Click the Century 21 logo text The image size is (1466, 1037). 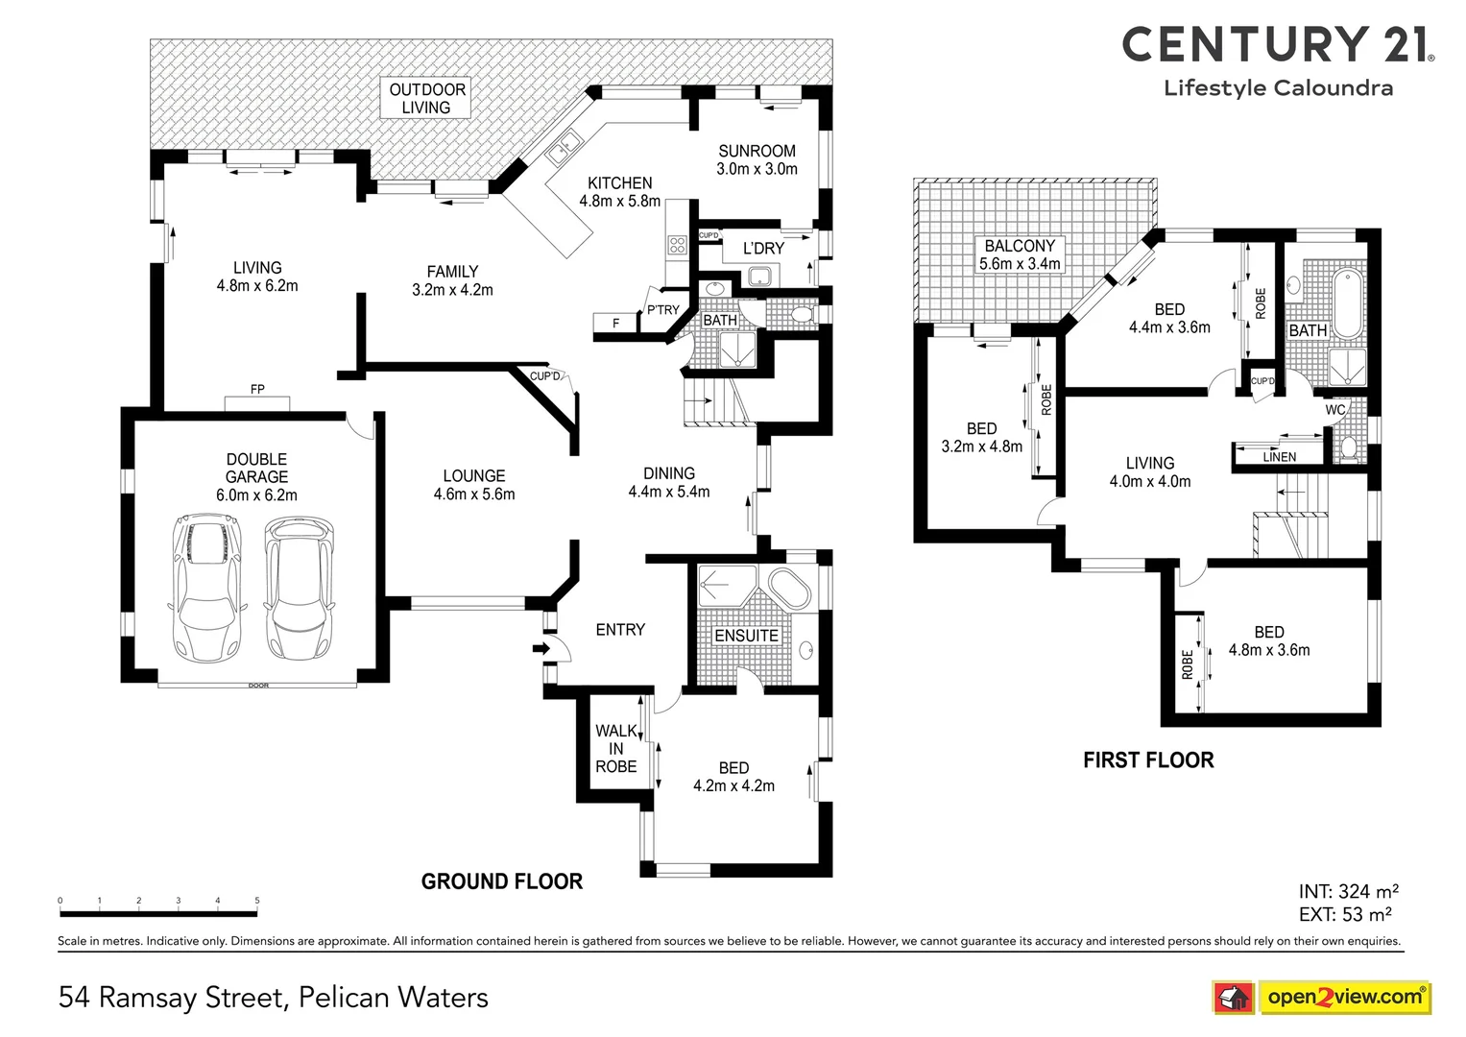click(x=1277, y=45)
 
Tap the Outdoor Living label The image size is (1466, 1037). click(x=426, y=98)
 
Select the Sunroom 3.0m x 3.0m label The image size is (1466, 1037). click(x=757, y=159)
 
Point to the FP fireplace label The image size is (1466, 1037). click(x=257, y=390)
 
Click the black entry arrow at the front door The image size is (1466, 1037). click(x=541, y=649)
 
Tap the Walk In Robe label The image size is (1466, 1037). click(x=615, y=749)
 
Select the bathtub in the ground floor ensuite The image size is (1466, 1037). click(x=786, y=589)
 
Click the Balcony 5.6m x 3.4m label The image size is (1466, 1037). click(x=1020, y=254)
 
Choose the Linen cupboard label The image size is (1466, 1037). click(x=1279, y=457)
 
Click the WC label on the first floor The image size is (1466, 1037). click(x=1334, y=410)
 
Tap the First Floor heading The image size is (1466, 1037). click(x=1148, y=760)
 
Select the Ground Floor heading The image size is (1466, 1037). click(x=502, y=881)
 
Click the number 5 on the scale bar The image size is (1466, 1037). click(x=257, y=901)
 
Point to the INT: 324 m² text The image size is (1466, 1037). click(x=1348, y=892)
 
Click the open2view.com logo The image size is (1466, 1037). click(x=1344, y=997)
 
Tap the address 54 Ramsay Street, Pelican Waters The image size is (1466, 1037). click(x=274, y=998)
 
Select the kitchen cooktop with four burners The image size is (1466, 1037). click(x=677, y=245)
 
